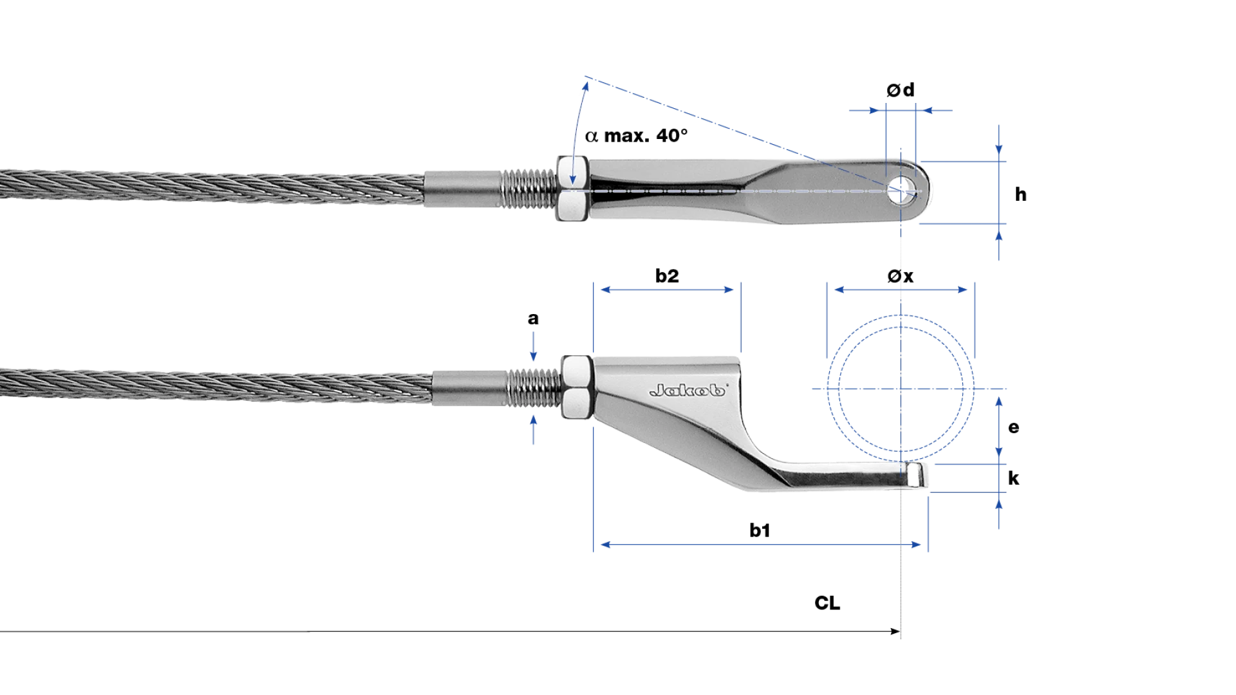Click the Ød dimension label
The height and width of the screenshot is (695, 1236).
coord(900,90)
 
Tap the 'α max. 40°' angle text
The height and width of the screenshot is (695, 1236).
coord(636,136)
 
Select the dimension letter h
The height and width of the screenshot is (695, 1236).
coord(1020,194)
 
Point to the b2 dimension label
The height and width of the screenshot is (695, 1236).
coord(667,276)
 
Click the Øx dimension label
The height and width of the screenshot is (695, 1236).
coord(900,276)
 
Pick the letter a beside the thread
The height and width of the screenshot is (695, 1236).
coord(533,319)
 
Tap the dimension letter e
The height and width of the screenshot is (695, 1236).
coord(1013,427)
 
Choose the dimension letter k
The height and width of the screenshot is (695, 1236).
coord(1013,478)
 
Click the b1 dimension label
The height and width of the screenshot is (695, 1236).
coord(760,530)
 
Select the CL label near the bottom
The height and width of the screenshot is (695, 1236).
coord(827,603)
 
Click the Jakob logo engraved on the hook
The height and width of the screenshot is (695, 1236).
coord(688,390)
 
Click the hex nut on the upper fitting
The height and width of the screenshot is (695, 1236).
coord(572,189)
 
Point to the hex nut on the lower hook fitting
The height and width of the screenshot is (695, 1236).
coord(577,387)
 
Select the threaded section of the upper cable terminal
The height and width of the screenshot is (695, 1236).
coord(528,189)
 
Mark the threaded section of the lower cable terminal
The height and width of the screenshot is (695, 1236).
coord(534,387)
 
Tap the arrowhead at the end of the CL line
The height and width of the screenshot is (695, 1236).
coord(895,631)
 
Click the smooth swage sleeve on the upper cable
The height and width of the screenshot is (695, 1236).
coord(462,189)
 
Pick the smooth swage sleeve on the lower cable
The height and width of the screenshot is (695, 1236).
coord(470,388)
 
